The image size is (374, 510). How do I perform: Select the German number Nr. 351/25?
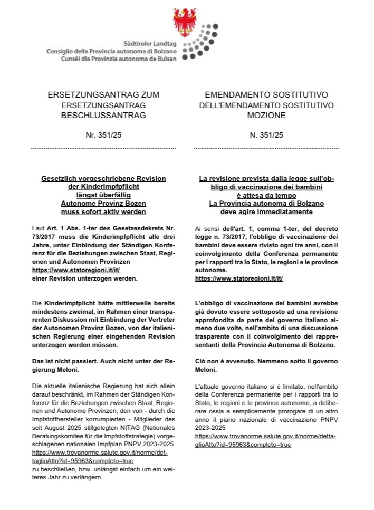click(x=103, y=135)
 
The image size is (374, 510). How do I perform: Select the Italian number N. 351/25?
click(x=266, y=135)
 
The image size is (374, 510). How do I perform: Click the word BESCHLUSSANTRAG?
click(x=103, y=114)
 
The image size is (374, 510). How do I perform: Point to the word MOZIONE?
click(x=266, y=114)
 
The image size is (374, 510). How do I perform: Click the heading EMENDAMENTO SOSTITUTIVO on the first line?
click(x=266, y=95)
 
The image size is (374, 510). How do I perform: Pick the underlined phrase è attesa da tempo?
click(x=266, y=195)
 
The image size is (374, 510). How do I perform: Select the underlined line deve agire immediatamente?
click(x=266, y=212)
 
